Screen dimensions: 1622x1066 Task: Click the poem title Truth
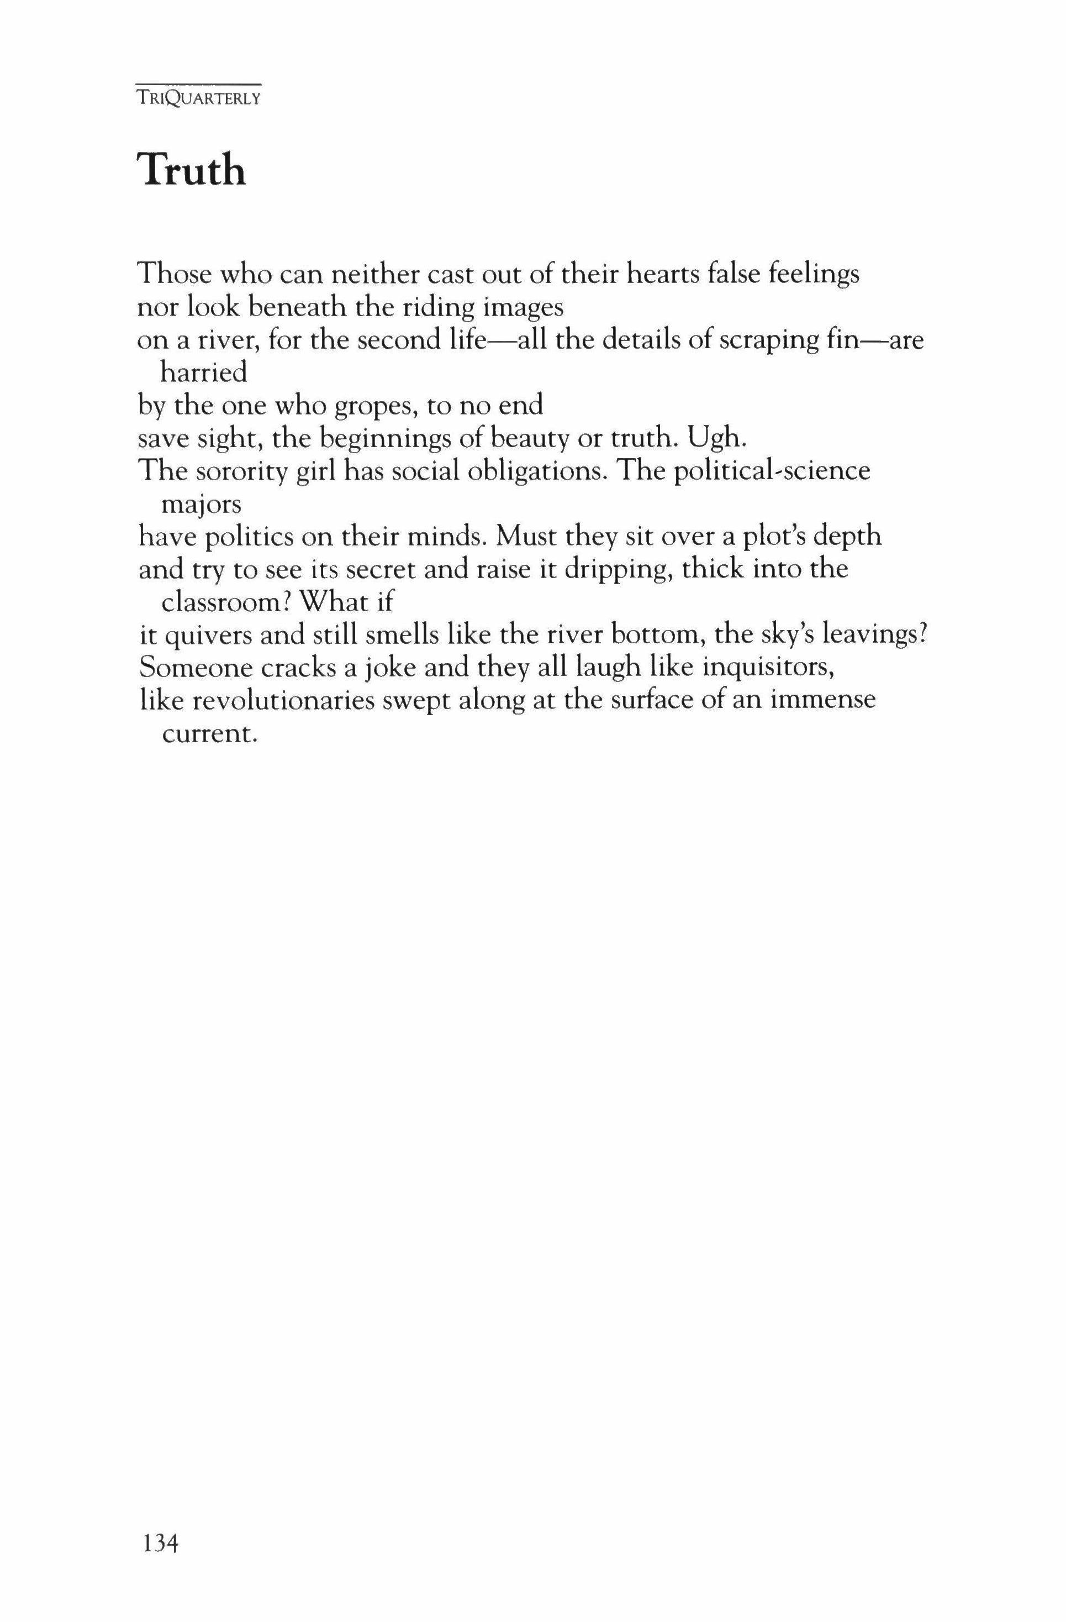pos(192,170)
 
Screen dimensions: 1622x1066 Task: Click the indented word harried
pos(203,373)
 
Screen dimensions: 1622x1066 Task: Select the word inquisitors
pos(768,667)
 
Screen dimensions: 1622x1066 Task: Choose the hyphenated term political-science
pos(771,471)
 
